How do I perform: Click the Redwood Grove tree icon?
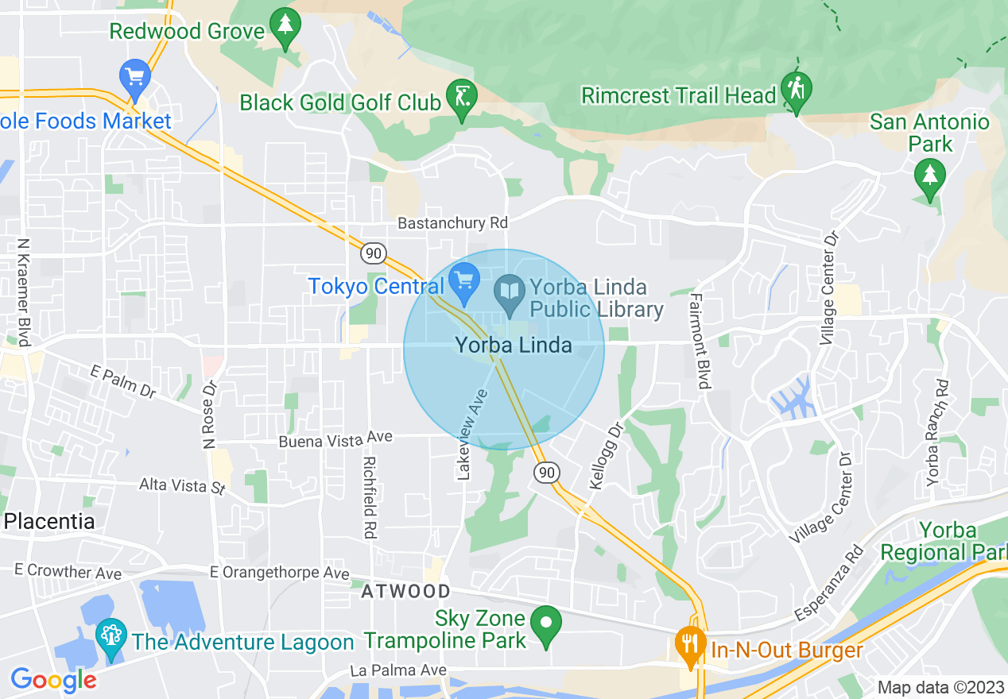point(285,26)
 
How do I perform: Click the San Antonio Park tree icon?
point(929,176)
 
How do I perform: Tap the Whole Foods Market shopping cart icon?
point(135,78)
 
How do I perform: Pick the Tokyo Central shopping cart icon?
point(463,280)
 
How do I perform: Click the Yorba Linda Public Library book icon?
point(509,291)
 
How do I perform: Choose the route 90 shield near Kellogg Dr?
point(546,472)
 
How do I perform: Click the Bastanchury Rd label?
point(452,223)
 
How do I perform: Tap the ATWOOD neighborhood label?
point(405,592)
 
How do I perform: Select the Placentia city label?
point(49,521)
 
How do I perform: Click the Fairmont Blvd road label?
point(700,341)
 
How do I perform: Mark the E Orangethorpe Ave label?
point(279,573)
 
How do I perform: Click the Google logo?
point(53,679)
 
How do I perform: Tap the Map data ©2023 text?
point(940,686)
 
